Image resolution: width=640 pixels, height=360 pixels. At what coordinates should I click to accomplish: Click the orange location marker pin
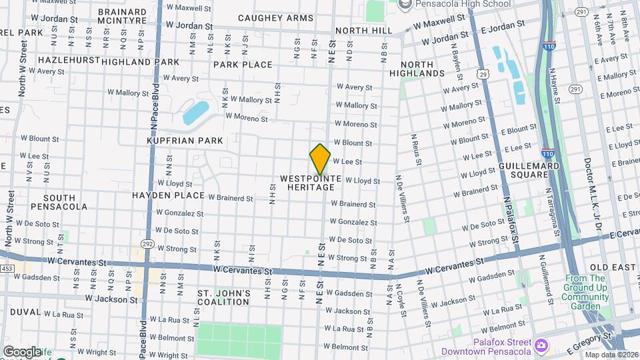coord(320,159)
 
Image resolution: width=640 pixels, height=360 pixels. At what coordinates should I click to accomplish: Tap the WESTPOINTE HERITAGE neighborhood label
coord(311,183)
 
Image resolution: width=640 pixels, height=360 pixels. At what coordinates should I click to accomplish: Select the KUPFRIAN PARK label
coord(185,141)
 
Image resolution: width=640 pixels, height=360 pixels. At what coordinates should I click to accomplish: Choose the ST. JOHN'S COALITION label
coord(223,297)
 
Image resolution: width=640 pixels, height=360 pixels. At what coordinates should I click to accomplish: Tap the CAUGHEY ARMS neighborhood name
coord(266,18)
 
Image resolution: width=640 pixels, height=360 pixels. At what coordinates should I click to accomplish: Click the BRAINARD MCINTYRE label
coord(122,16)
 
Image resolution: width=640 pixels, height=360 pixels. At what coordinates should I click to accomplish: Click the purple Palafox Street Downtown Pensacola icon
coord(541,346)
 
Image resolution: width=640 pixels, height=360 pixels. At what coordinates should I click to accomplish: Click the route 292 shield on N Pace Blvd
coord(148,245)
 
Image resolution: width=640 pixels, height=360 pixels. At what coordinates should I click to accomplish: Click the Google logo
coord(21,351)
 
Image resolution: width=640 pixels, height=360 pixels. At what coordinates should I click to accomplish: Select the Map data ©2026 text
coord(611,355)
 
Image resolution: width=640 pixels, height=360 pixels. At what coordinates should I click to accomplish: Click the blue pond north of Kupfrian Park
coord(196,112)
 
